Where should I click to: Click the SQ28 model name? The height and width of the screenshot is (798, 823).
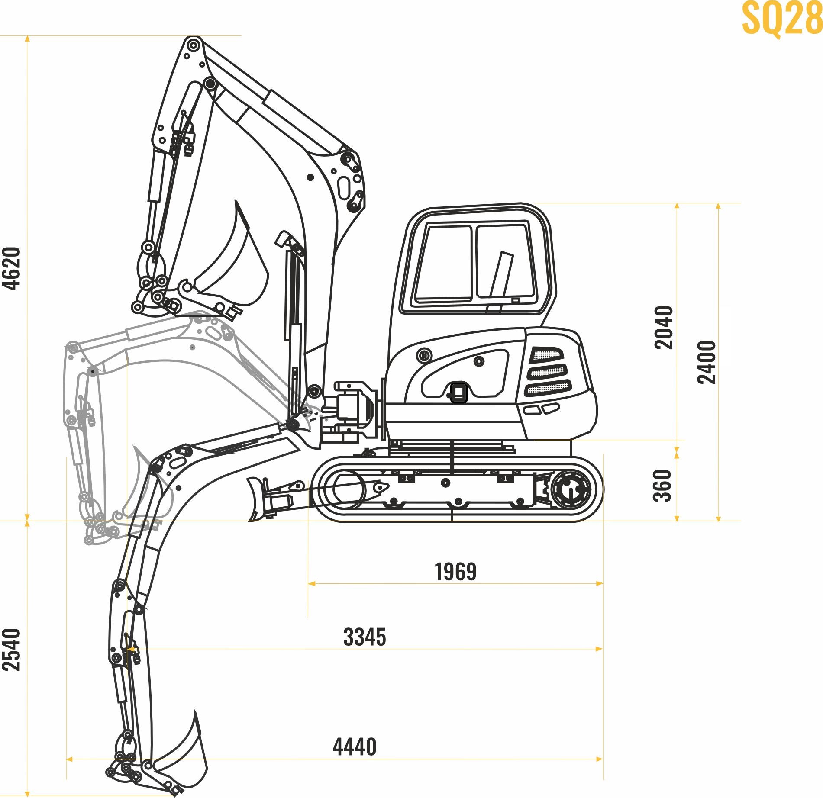tap(782, 19)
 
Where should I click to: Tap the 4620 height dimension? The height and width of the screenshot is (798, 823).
tap(12, 268)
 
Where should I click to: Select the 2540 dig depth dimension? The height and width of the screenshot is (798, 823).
tap(12, 650)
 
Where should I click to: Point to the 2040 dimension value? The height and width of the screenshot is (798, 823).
tap(664, 328)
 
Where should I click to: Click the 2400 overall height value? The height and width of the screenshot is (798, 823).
tap(707, 362)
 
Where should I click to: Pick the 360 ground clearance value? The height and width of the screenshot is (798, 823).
tap(662, 486)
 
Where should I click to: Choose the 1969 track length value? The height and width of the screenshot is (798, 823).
tap(455, 572)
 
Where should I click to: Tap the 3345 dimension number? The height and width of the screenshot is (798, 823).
tap(365, 637)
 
